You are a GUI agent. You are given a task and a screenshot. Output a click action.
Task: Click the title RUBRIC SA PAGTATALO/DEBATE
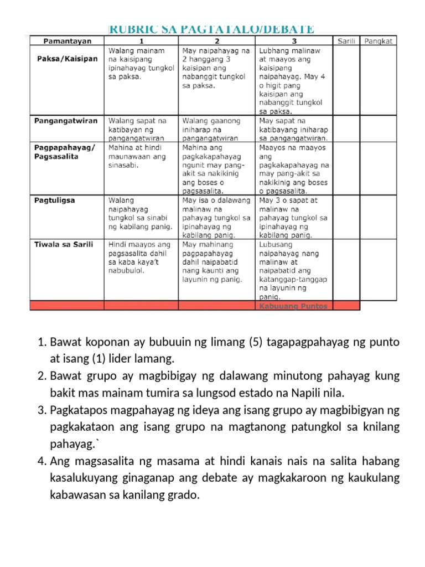[x=211, y=28]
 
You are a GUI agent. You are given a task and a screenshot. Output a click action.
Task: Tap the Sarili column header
[x=346, y=41]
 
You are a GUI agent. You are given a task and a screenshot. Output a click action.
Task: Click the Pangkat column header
[x=379, y=41]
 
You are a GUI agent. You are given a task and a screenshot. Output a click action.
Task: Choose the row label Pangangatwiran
[x=66, y=120]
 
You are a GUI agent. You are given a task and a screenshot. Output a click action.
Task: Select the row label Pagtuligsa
[x=55, y=200]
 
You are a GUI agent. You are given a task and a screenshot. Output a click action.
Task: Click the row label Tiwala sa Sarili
[x=64, y=244]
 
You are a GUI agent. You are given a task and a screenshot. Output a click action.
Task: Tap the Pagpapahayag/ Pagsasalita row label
[x=65, y=152]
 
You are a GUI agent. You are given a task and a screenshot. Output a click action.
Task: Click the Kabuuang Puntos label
[x=293, y=306]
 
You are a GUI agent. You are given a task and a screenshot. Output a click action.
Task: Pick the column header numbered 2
[x=217, y=41]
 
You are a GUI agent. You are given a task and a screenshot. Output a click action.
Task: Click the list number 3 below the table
[x=42, y=411]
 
